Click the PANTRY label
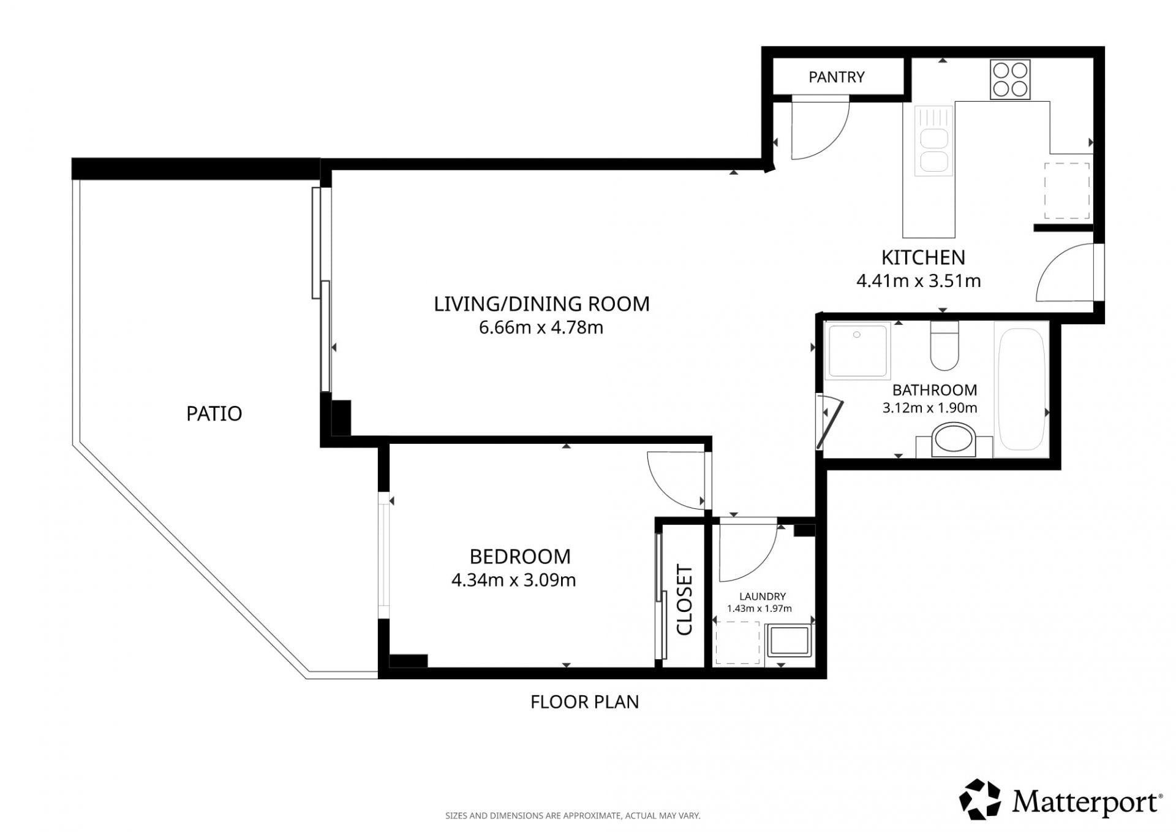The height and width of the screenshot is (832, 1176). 836,77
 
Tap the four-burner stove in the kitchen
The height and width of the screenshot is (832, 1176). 1010,79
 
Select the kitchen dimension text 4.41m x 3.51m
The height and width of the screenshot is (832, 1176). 918,281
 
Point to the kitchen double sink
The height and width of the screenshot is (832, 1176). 934,141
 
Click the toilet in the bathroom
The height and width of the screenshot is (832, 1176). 944,346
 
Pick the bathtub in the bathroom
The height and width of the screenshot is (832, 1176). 1021,389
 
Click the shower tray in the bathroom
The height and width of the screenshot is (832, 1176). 857,351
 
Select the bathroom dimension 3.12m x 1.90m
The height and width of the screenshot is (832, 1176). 930,408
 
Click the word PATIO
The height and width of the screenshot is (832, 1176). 214,414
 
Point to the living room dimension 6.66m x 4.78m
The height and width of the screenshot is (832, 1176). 541,327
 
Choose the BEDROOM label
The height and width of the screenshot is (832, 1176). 520,557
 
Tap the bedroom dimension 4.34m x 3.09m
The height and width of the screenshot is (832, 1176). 513,580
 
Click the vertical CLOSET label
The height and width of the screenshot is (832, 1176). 684,600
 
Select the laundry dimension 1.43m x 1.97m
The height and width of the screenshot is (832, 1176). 759,609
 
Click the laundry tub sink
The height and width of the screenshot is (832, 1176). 790,641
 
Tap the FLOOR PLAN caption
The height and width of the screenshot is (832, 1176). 584,702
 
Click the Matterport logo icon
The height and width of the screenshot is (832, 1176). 980,800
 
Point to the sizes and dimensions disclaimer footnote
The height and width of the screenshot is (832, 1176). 573,816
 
